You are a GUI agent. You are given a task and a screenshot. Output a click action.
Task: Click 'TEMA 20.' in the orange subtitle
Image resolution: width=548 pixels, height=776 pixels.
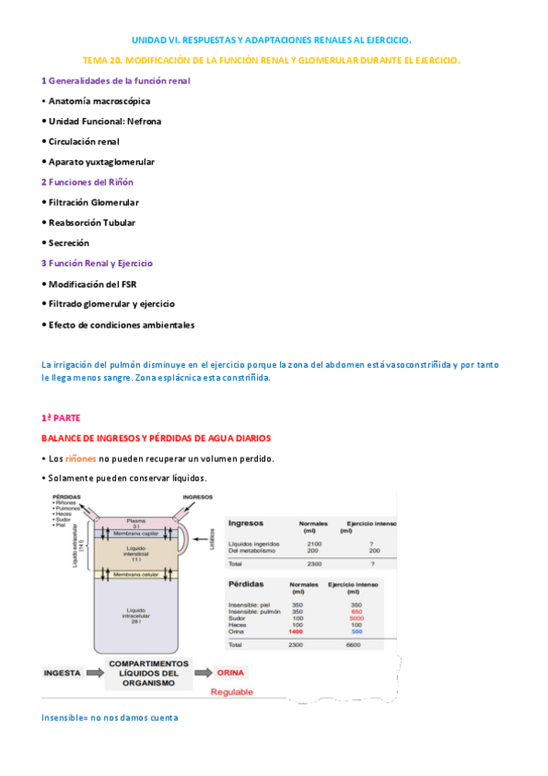(102, 59)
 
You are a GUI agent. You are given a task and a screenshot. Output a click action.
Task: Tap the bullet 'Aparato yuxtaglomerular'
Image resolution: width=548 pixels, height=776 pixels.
(101, 162)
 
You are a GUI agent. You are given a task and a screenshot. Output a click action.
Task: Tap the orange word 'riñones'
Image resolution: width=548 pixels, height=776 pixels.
(81, 458)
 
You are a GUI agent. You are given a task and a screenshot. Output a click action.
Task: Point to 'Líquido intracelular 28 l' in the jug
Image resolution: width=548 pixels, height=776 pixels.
(135, 614)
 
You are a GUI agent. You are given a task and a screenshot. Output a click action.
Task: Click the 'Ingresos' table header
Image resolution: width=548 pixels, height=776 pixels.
(246, 523)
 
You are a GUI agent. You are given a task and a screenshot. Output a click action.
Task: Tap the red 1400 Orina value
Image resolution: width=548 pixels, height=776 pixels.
(295, 631)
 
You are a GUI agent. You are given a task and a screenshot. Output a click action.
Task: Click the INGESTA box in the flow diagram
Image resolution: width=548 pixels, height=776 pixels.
(62, 673)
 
